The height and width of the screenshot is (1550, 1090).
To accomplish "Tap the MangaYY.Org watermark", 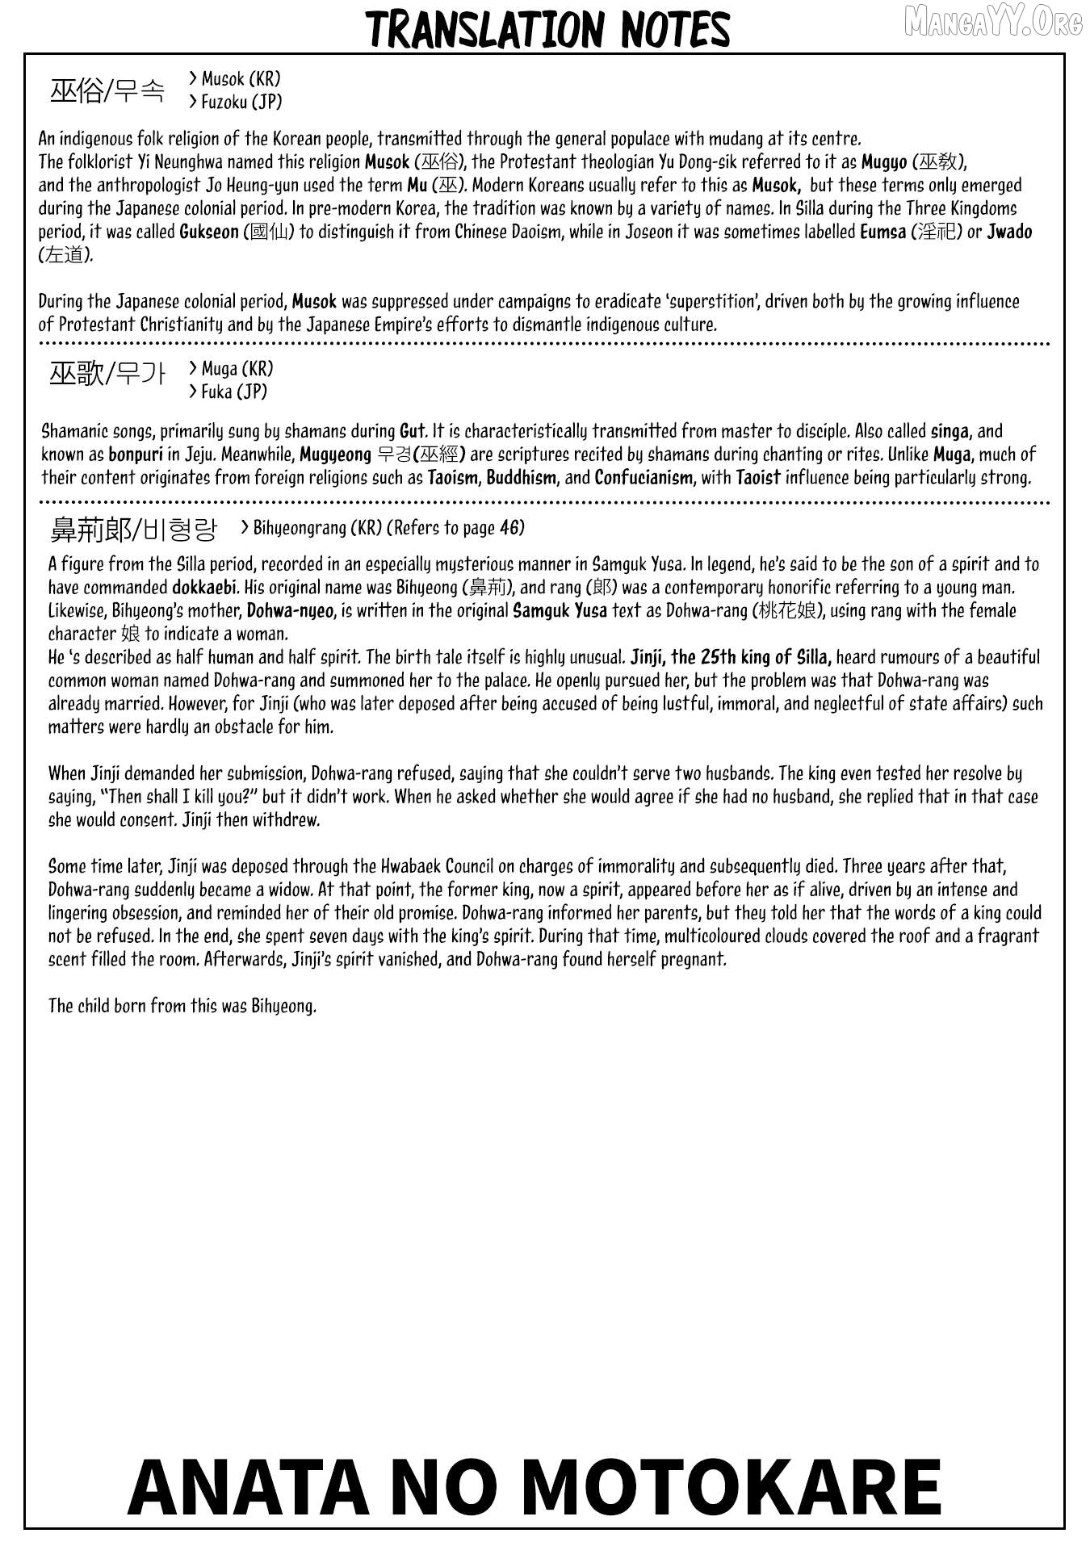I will (x=993, y=23).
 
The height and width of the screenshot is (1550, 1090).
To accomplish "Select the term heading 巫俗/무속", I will (x=107, y=91).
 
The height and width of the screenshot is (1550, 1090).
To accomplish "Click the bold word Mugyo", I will (x=884, y=162).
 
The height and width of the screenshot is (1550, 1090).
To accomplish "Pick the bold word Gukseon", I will (x=209, y=232).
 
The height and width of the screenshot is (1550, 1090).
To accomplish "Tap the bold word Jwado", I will (x=1009, y=232).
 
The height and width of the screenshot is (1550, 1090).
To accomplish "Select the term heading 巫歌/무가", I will (x=107, y=374).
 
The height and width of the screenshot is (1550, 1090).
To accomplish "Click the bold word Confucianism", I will (x=644, y=478).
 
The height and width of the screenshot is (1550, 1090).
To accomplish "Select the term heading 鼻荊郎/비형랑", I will (x=134, y=530).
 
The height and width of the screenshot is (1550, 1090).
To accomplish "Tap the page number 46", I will (x=511, y=528).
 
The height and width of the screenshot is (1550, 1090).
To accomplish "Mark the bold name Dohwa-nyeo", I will (x=290, y=611).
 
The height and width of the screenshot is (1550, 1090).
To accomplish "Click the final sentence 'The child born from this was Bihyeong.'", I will (x=182, y=1006).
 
